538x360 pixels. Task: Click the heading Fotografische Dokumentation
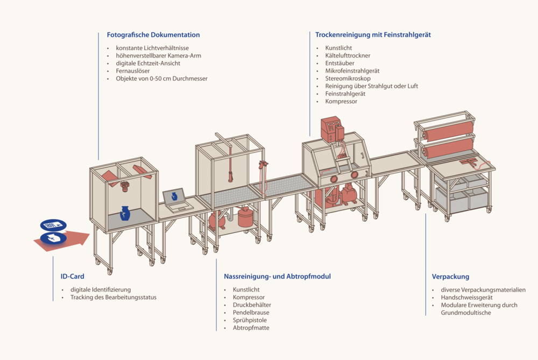[153, 35]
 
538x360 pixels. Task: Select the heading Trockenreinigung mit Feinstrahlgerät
[373, 35]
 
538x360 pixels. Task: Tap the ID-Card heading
[73, 277]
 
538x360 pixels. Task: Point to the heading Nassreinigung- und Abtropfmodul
[277, 277]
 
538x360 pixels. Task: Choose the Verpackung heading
[450, 277]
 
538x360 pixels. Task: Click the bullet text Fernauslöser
[132, 70]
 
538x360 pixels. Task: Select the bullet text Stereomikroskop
[348, 79]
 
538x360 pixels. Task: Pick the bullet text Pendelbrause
[251, 313]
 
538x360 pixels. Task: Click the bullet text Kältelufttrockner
[348, 55]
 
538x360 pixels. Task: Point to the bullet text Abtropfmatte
[251, 328]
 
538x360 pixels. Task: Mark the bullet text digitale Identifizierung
[100, 290]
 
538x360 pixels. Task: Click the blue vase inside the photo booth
[125, 213]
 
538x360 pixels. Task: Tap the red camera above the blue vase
[125, 186]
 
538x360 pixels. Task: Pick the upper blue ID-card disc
[53, 225]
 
